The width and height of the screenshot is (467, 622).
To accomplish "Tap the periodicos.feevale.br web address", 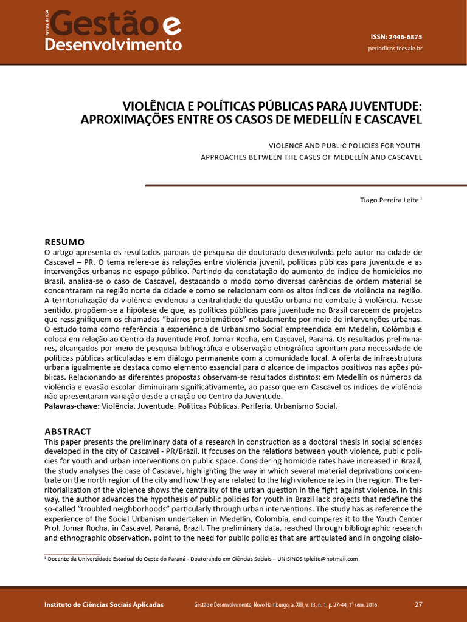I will [x=395, y=48].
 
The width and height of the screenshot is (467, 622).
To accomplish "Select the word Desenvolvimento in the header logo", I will [x=113, y=45].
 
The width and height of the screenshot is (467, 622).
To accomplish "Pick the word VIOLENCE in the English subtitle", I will [x=288, y=146].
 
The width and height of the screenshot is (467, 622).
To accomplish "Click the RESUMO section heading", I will [x=64, y=242].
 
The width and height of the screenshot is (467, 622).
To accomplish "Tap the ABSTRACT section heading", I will [x=68, y=431].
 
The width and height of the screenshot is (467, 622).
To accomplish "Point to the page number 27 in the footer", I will [x=418, y=604].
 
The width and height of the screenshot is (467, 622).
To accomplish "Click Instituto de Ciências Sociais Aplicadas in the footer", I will [x=104, y=605].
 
